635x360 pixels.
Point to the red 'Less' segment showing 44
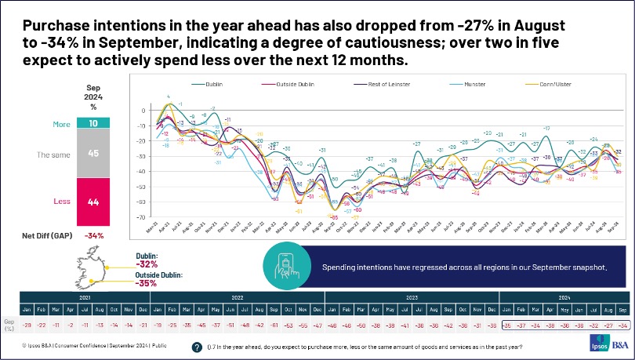(x=93, y=202)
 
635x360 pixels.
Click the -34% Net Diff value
(x=93, y=235)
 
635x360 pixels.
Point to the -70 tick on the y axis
(x=141, y=216)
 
